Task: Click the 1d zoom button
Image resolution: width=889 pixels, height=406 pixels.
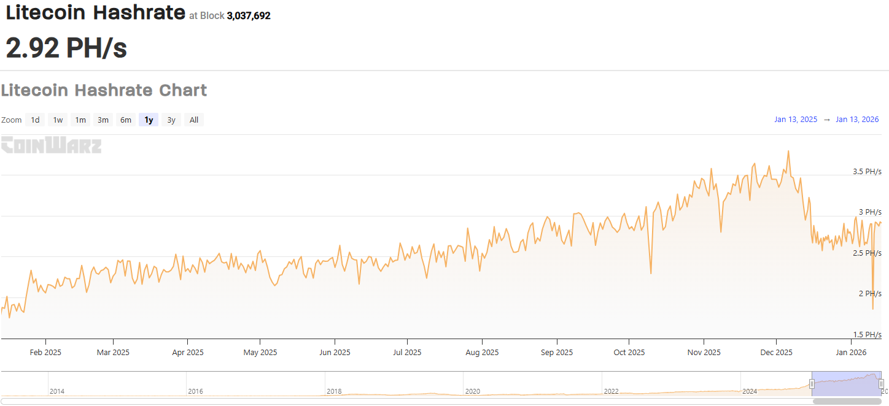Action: (x=36, y=120)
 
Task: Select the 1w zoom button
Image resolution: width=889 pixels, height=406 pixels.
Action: (x=58, y=120)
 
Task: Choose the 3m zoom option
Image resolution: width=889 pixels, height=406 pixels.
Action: (x=103, y=120)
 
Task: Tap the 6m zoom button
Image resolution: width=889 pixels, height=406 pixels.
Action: (x=126, y=120)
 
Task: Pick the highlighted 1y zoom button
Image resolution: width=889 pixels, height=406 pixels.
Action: (x=149, y=120)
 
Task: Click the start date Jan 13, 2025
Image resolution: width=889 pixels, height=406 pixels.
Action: (x=796, y=120)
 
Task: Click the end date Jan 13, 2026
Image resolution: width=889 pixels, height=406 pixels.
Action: (x=857, y=120)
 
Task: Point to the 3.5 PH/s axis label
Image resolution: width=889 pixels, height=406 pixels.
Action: (x=867, y=172)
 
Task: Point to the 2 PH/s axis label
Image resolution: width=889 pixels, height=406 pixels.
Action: (x=869, y=294)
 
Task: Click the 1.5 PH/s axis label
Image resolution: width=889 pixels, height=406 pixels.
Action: (x=867, y=335)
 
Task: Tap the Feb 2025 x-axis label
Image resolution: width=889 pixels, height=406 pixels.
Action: (x=45, y=353)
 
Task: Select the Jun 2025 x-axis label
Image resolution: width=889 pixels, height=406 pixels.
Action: (x=335, y=353)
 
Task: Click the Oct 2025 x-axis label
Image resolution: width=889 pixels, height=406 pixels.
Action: (x=629, y=353)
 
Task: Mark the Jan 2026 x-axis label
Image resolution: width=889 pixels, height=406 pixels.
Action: (x=850, y=353)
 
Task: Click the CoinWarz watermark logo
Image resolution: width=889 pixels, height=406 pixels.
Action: (x=51, y=145)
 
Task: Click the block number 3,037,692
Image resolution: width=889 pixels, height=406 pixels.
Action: (x=249, y=16)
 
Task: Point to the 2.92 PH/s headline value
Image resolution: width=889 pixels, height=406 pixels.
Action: (x=66, y=48)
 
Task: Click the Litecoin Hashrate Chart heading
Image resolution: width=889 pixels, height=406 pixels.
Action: (x=104, y=91)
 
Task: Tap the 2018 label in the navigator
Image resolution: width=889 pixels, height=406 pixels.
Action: (x=335, y=391)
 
